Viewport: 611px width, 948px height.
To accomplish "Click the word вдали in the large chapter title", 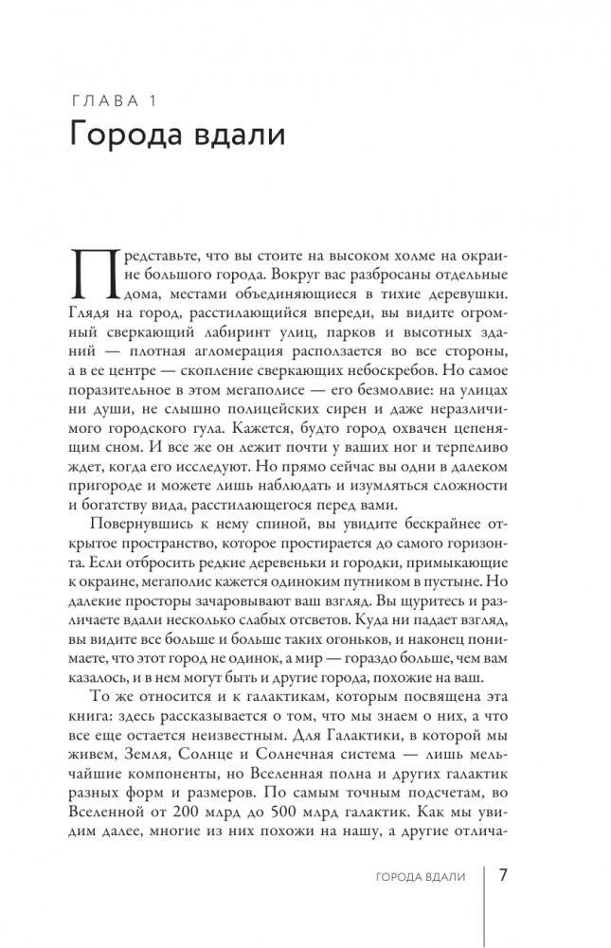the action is tap(241, 134).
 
